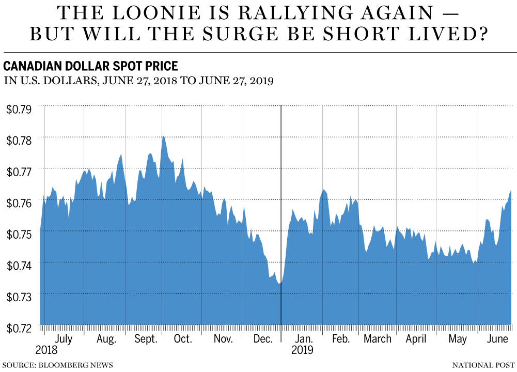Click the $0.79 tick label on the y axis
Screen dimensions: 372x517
[x=19, y=109]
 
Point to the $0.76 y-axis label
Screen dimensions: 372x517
[x=19, y=202]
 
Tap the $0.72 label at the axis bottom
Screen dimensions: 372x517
[x=19, y=327]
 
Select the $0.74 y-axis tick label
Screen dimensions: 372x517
[x=19, y=265]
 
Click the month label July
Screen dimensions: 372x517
[x=64, y=339]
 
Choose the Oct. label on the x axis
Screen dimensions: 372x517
[x=182, y=339]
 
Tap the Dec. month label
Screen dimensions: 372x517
[x=262, y=339]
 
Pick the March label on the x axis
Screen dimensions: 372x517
[x=378, y=339]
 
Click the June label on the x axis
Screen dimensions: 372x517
[x=497, y=339]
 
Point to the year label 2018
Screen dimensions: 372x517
[x=46, y=350]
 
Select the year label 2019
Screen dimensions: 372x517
[x=302, y=350]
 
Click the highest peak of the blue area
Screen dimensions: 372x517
[x=163, y=136]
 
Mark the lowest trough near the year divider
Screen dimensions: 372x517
[x=279, y=283]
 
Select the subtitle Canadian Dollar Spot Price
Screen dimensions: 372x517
[x=91, y=66]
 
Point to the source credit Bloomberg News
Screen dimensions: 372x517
[x=57, y=365]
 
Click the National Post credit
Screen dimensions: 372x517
[x=484, y=365]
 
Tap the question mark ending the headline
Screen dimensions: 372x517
[x=481, y=34]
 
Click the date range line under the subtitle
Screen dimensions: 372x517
[x=138, y=81]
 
